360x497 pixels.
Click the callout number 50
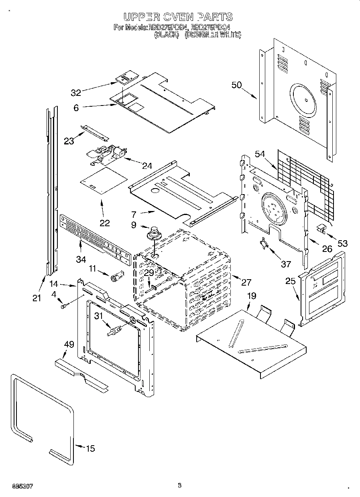pos(237,85)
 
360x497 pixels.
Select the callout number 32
pos(76,93)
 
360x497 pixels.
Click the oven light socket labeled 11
pos(116,276)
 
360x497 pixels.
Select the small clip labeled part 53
pos(321,229)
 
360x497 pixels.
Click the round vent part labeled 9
pos(154,233)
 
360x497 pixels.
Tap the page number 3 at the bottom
pos(179,485)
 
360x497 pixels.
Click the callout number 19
pos(251,296)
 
